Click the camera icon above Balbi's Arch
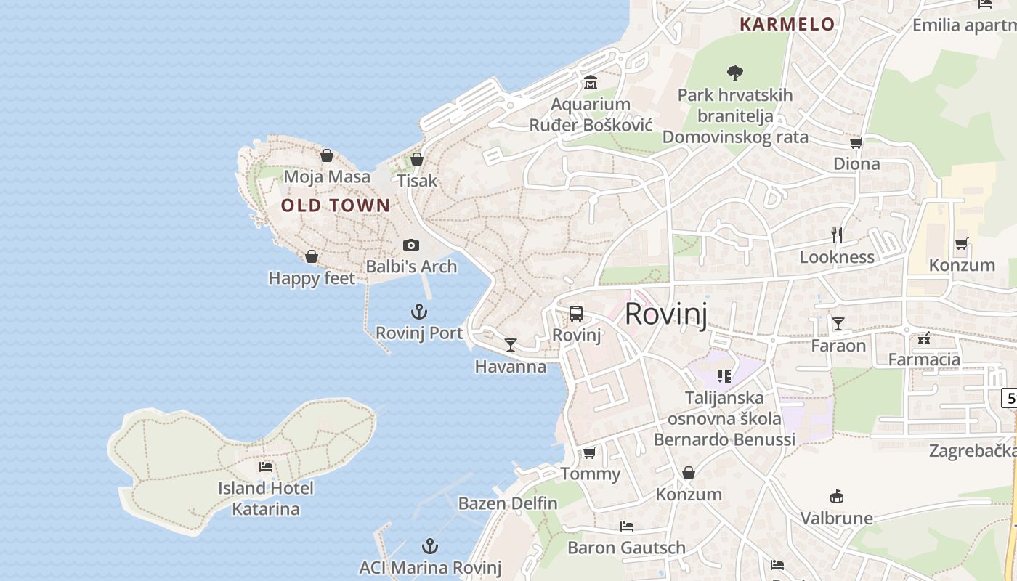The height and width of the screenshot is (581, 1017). coord(411,245)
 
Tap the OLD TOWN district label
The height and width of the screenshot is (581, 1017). coord(336,206)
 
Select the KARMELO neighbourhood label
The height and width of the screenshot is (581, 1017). coord(787,24)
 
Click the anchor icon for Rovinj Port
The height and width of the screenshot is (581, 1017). coord(418,312)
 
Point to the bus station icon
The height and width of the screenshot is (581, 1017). coord(576,314)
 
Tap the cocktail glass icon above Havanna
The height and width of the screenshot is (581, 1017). coord(511,344)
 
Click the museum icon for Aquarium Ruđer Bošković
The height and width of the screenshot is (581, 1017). coord(590,83)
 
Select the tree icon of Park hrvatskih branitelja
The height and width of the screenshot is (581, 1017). coord(735,73)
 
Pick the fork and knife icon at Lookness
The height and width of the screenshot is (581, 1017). coord(837,235)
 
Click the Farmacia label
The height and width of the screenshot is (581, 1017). coord(924,359)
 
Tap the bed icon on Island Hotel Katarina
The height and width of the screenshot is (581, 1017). coord(266,467)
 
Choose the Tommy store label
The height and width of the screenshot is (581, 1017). coord(590,474)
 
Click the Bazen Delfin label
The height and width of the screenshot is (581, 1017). coord(508,503)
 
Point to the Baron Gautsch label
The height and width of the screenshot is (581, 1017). coord(626,548)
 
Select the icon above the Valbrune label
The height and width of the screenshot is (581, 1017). coord(837,497)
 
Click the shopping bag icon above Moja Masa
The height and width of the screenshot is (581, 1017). coord(327,155)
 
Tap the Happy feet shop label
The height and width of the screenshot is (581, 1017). coord(312,278)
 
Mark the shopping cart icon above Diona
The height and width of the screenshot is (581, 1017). coord(856,142)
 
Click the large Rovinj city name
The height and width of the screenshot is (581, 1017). coord(665,314)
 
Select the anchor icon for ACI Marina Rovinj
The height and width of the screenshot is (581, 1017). coord(431,545)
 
